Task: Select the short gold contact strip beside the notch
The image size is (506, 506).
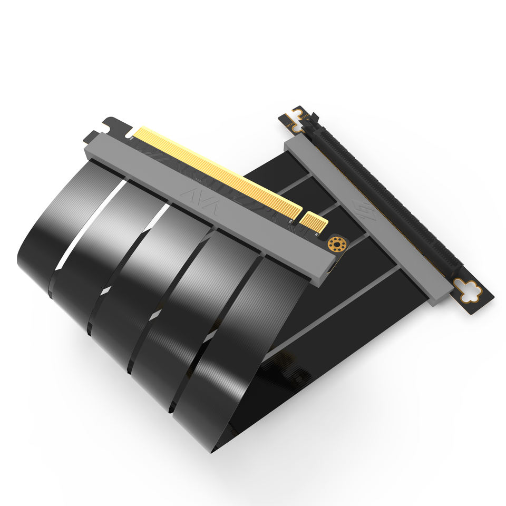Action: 315,222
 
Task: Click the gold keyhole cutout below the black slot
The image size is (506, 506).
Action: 470,291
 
